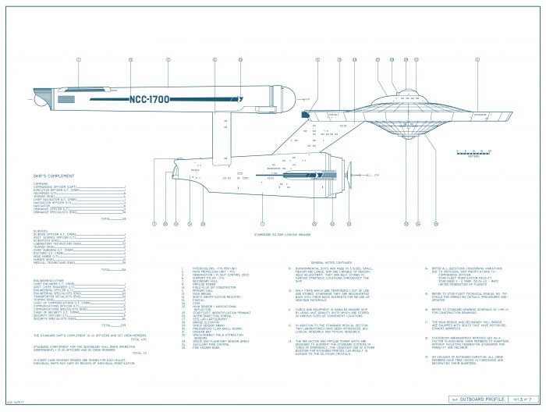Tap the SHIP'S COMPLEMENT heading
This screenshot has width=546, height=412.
pos(54,176)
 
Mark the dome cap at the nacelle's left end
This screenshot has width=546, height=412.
pos(53,100)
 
